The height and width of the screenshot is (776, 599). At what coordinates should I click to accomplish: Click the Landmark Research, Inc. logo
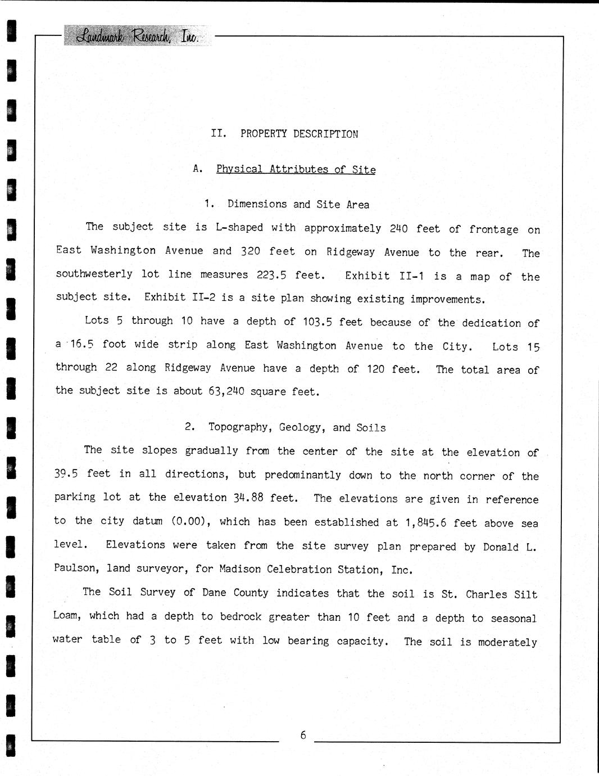pyautogui.click(x=138, y=36)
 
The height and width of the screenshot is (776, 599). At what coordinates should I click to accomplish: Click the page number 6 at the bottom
pyautogui.click(x=303, y=735)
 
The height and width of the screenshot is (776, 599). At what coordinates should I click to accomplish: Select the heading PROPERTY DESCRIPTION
pyautogui.click(x=299, y=134)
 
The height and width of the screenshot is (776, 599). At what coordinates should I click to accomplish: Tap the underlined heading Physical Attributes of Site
pyautogui.click(x=296, y=169)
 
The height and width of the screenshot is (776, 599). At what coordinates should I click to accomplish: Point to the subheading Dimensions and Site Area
pyautogui.click(x=298, y=205)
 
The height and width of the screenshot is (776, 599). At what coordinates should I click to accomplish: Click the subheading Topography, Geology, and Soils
pyautogui.click(x=297, y=427)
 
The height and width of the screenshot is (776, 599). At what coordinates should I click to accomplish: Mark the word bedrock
pyautogui.click(x=240, y=617)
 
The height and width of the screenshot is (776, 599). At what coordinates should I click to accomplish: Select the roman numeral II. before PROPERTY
pyautogui.click(x=218, y=134)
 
